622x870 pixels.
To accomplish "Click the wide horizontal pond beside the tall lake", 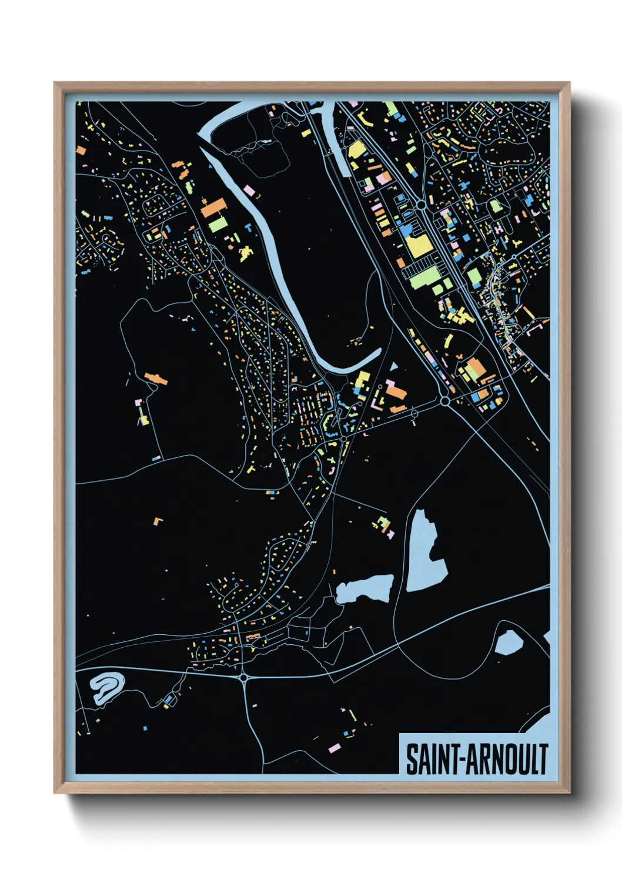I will (x=364, y=588).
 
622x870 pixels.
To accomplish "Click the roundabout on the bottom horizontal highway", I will (x=243, y=678).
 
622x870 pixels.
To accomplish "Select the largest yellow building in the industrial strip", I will (x=417, y=245).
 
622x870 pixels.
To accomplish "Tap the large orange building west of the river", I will (x=213, y=207).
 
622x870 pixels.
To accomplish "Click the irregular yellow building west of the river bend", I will (x=245, y=253).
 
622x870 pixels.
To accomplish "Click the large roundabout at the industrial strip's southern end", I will (x=445, y=401).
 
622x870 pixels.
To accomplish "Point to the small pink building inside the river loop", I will (x=249, y=191).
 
